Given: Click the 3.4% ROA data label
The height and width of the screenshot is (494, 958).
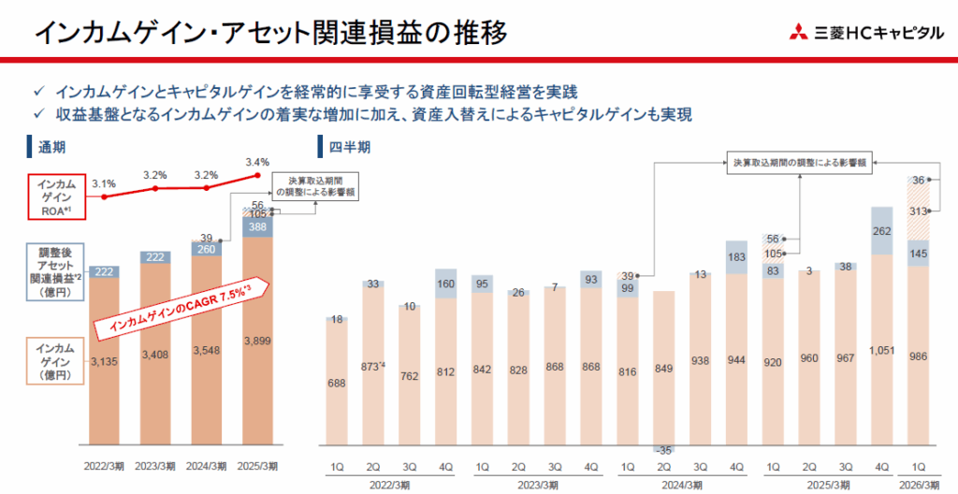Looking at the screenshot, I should pos(258,163).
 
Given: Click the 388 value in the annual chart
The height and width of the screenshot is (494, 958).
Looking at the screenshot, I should pos(258,225).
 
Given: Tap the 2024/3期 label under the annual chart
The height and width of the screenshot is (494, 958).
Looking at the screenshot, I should pos(207,465).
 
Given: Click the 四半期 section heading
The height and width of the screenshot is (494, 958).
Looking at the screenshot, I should pos(351,147).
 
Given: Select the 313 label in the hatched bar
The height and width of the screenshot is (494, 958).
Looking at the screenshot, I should pos(918,211).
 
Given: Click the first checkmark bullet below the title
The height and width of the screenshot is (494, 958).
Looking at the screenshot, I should pos(38,92).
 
